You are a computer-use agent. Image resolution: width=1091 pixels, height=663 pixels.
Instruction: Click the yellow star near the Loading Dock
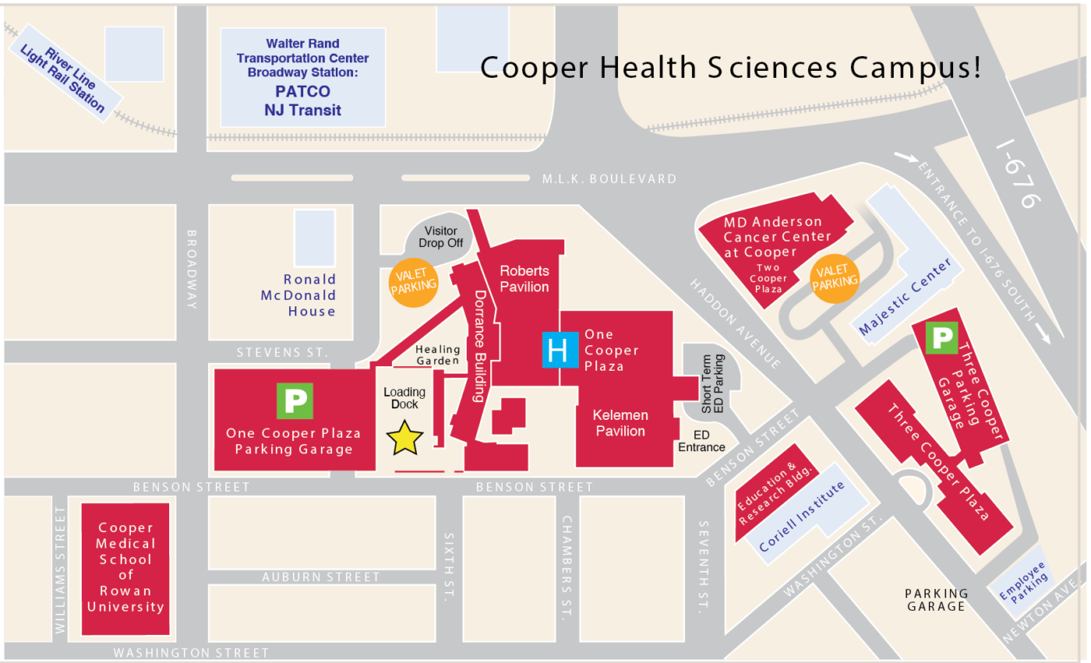[405, 439]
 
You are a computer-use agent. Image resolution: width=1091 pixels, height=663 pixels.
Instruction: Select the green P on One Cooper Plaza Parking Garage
[295, 400]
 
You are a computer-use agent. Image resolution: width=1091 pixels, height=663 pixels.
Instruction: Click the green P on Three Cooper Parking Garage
[942, 337]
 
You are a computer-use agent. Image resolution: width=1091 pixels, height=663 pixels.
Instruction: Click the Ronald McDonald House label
[309, 295]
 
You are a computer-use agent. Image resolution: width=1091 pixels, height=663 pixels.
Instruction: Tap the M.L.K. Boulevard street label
[609, 179]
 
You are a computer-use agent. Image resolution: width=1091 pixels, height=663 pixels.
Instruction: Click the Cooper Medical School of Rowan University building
[125, 567]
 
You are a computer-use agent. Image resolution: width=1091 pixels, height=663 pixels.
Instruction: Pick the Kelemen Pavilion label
[620, 423]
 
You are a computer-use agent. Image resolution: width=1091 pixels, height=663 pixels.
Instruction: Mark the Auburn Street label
[321, 577]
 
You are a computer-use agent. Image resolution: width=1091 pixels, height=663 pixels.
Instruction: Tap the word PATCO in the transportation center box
[302, 92]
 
